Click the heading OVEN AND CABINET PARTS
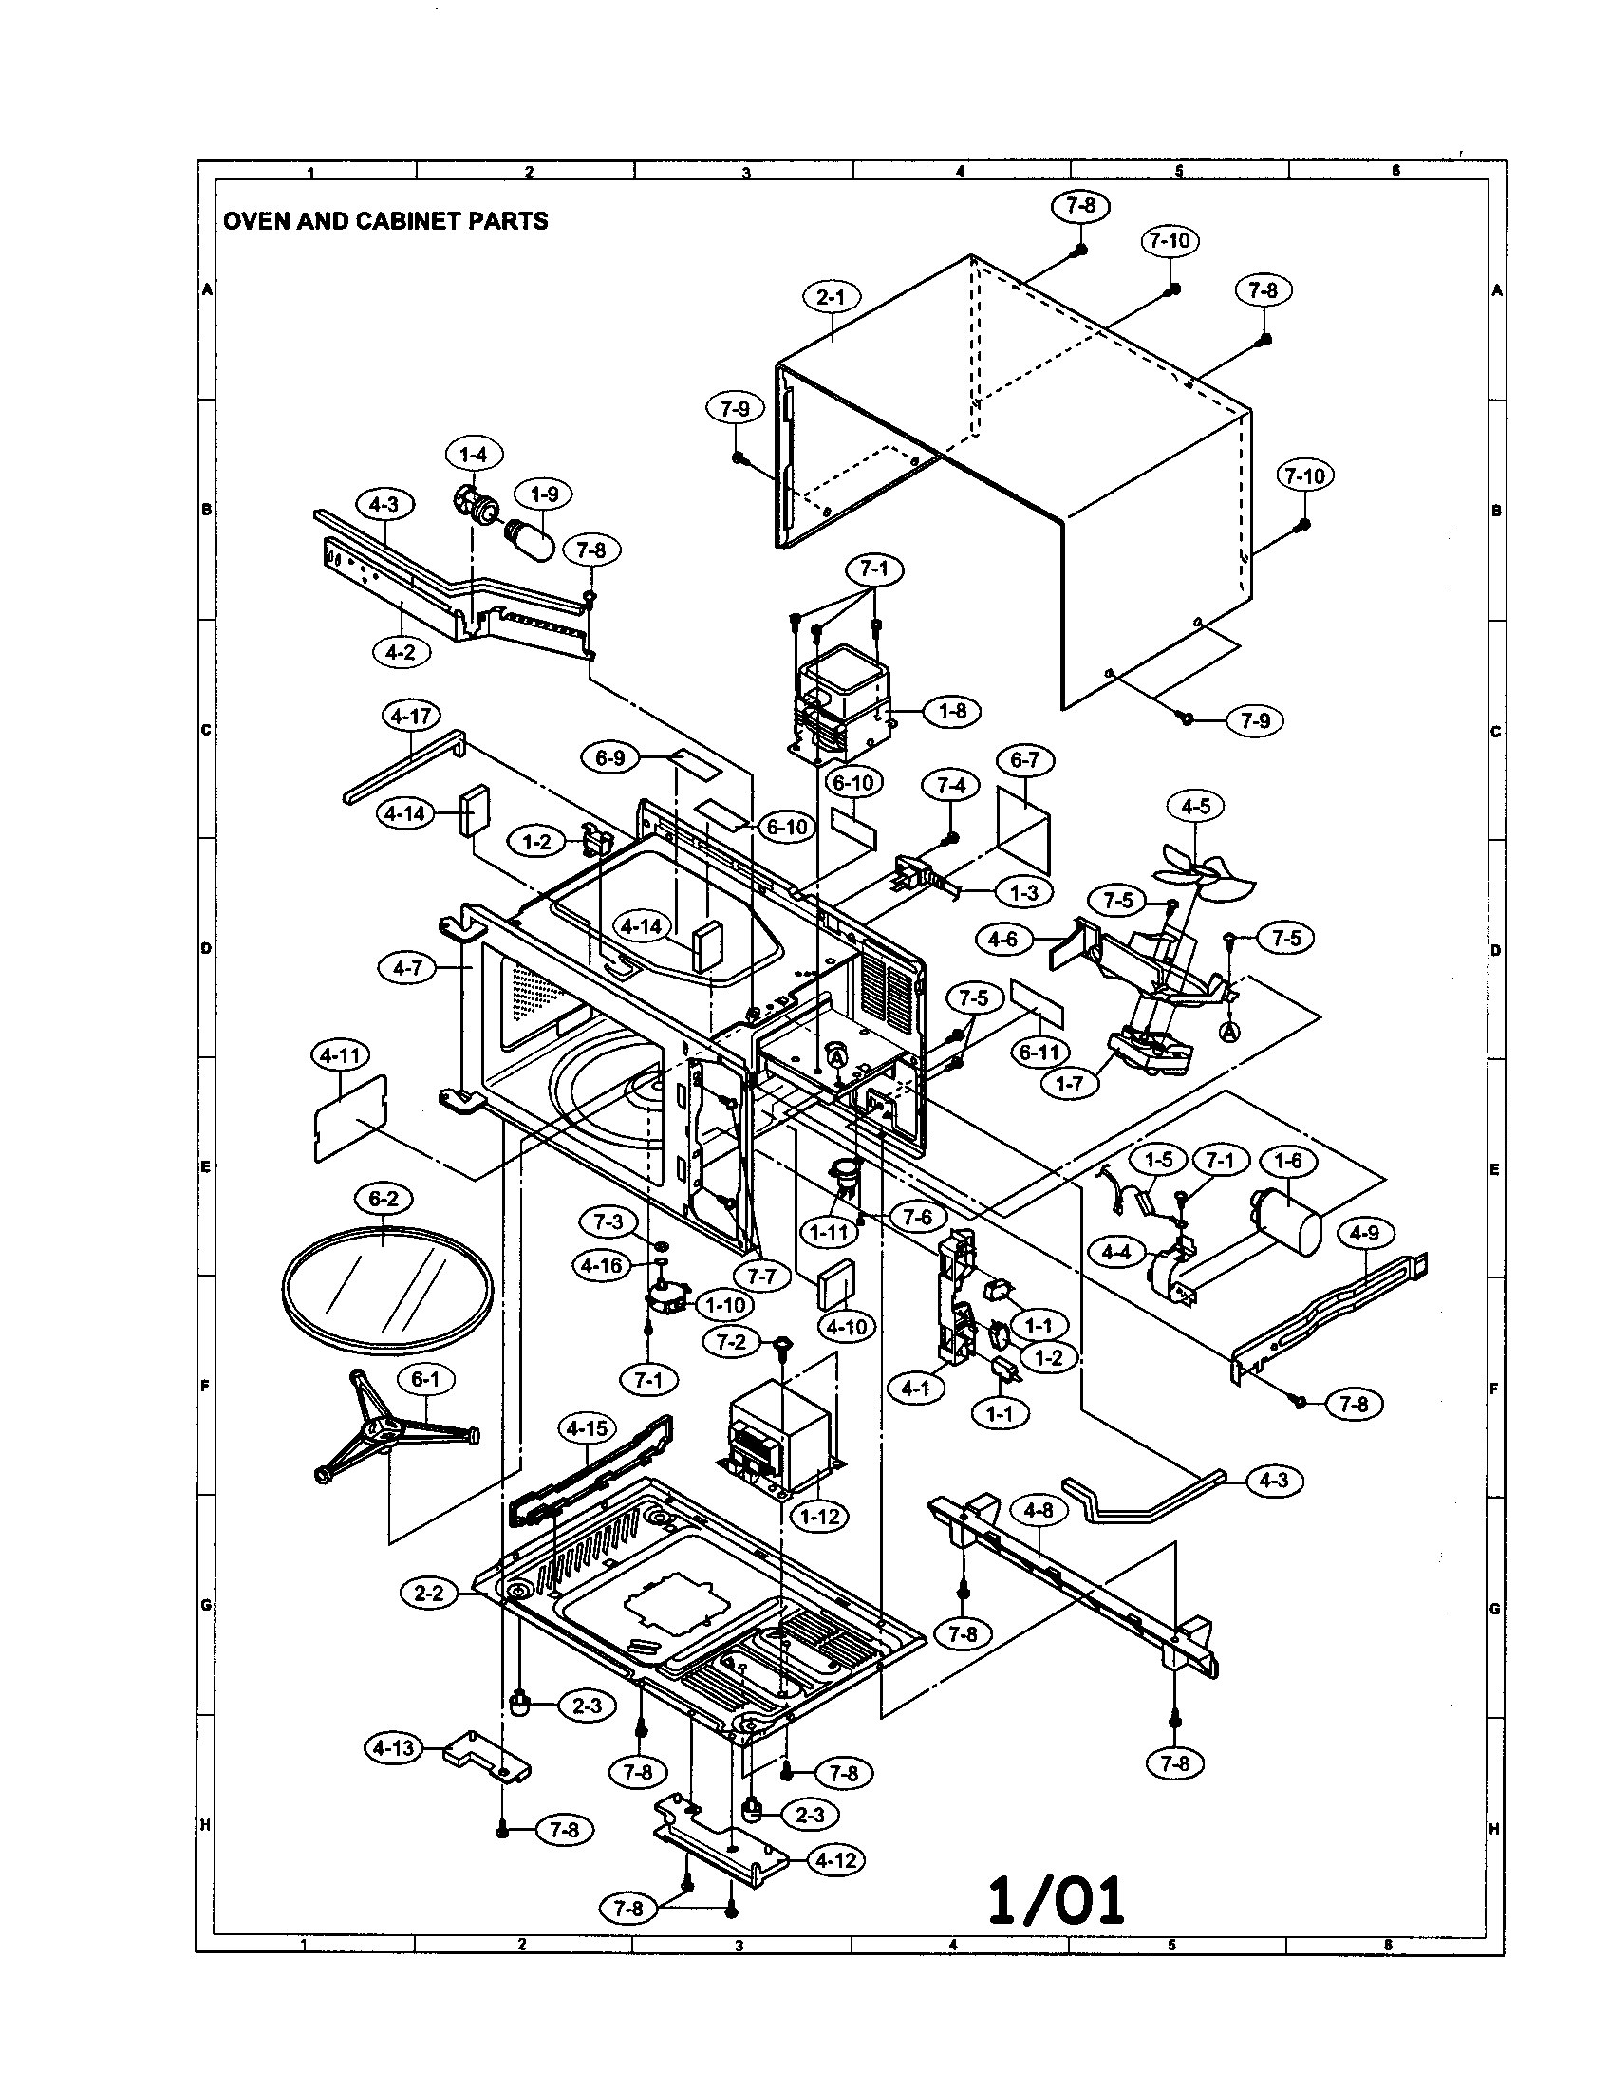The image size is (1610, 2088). [385, 221]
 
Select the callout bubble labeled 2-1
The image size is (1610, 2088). [830, 297]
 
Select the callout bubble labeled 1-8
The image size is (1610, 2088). [952, 711]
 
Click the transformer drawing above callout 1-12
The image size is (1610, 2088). [782, 1442]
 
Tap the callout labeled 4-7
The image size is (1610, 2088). [407, 968]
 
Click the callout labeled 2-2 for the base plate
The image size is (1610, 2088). [429, 1594]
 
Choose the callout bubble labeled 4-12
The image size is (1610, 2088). [835, 1860]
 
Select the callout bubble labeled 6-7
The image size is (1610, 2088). [1024, 760]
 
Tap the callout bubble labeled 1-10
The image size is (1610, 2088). [724, 1304]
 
